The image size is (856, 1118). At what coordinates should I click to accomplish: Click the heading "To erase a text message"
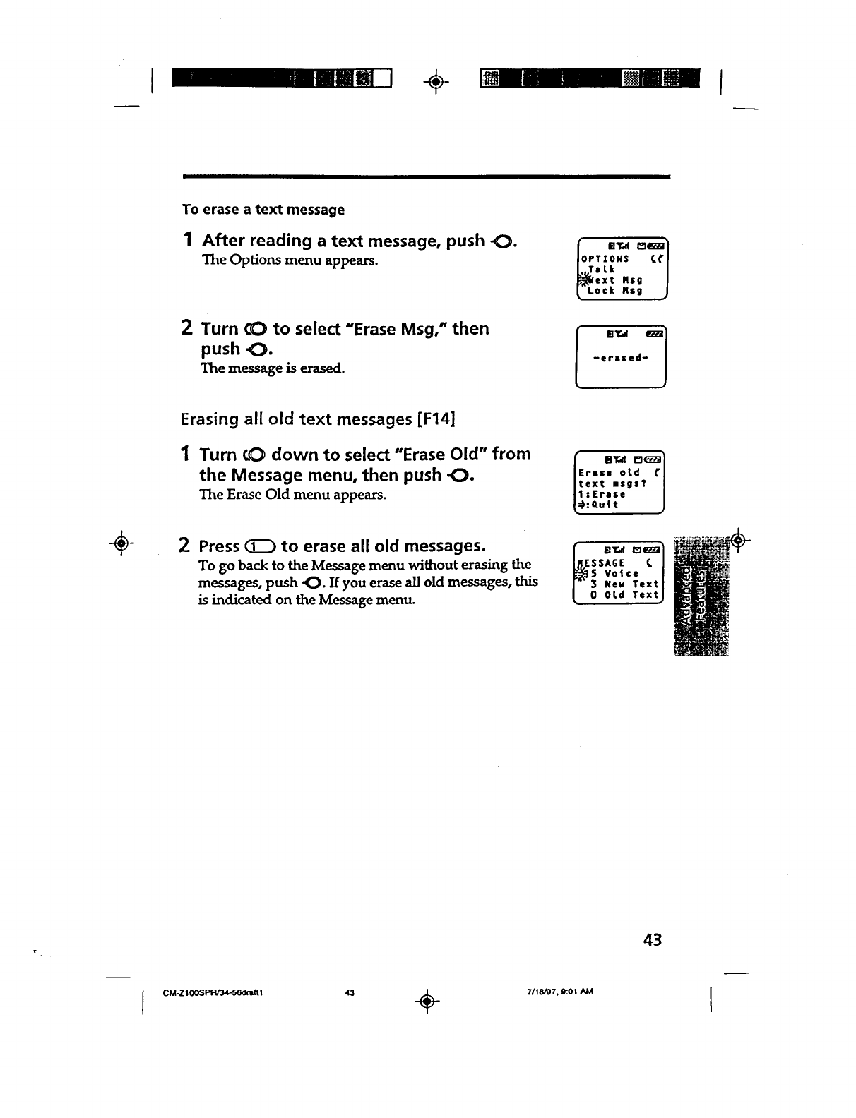[263, 210]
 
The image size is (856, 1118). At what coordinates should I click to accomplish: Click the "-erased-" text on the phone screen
[621, 357]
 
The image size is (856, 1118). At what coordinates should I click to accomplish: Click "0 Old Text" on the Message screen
[625, 595]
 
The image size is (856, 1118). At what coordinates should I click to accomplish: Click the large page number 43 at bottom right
[653, 939]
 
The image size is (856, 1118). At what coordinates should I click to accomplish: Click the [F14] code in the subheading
[436, 419]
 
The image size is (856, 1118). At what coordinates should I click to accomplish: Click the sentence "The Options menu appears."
[290, 260]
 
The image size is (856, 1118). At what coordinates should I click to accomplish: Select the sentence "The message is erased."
[273, 368]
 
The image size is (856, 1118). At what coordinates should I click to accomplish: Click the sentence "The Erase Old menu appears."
[292, 494]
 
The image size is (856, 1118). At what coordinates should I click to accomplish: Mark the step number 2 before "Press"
[184, 546]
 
